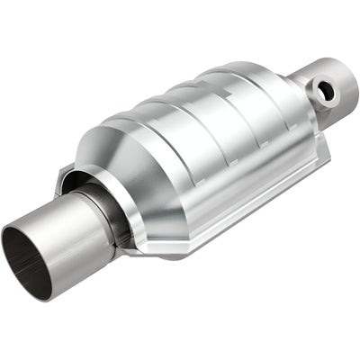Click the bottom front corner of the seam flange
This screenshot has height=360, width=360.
click(x=148, y=247)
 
